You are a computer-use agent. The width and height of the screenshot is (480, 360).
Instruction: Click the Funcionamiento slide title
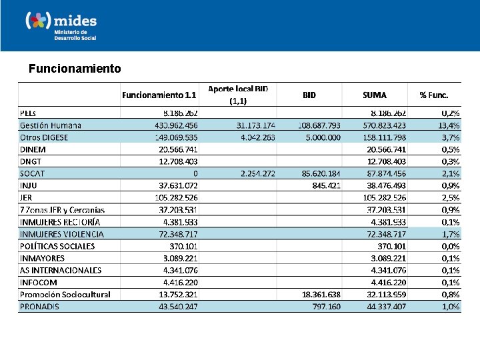tap(75, 69)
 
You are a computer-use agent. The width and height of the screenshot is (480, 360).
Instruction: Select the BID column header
tap(309, 95)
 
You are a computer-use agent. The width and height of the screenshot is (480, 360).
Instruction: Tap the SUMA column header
tap(375, 95)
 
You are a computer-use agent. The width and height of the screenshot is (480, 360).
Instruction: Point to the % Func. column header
tap(438, 95)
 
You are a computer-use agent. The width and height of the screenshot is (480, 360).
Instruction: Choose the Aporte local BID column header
tap(238, 95)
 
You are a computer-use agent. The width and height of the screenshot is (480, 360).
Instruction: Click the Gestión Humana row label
tap(51, 125)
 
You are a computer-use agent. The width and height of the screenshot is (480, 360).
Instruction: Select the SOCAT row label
tap(33, 173)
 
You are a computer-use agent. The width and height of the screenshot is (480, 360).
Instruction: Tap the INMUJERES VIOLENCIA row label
tap(62, 234)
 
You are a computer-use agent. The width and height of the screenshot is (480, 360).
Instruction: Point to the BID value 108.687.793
tap(311, 125)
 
